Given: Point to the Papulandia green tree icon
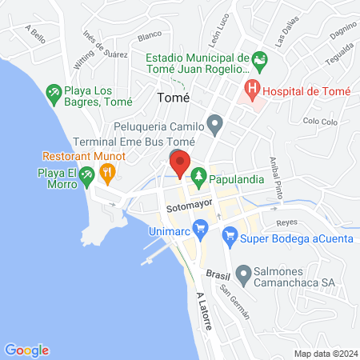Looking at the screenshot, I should [x=198, y=174].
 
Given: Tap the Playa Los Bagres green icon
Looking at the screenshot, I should [x=54, y=93].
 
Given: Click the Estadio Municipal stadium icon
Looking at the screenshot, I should [x=258, y=58].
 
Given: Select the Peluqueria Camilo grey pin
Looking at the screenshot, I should [x=214, y=123].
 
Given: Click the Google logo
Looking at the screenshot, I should [x=27, y=350].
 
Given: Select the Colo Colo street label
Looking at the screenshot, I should [x=321, y=121].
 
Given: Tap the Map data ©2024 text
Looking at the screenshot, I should [x=324, y=353].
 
